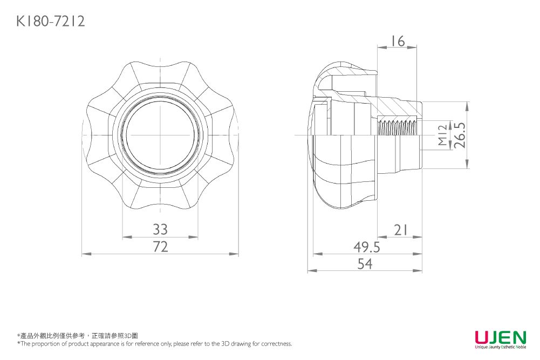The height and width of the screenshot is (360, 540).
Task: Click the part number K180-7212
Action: tap(51, 22)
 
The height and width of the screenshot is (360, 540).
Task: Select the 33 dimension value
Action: tap(160, 229)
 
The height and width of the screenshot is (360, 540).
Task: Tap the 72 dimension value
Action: tap(160, 247)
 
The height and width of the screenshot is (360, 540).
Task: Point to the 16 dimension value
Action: tap(398, 41)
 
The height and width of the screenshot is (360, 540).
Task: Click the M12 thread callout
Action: tap(442, 135)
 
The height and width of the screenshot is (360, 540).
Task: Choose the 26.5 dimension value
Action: tap(460, 135)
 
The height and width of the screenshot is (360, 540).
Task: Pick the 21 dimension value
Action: tap(400, 230)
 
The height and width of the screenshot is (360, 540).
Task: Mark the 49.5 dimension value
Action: tap(367, 247)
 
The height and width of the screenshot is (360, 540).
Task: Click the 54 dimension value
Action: tap(365, 264)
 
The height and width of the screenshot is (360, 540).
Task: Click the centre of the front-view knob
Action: tap(160, 134)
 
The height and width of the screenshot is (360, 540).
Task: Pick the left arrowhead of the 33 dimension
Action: tap(125, 236)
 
